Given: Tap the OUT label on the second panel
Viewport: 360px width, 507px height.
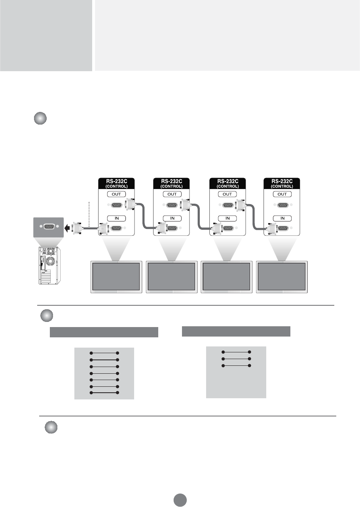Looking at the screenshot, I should point(171,194).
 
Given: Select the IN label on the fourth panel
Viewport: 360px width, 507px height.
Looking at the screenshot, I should point(282,218).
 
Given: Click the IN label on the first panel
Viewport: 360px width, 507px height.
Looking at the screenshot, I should point(116,218).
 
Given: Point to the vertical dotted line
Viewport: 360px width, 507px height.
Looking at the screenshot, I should point(90,214).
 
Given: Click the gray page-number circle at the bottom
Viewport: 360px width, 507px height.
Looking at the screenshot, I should point(180,500).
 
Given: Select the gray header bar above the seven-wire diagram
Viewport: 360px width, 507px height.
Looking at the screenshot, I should point(104,332).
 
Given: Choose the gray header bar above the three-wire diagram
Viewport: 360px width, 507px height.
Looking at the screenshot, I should point(236,331).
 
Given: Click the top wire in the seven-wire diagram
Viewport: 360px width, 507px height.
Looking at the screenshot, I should point(104,353).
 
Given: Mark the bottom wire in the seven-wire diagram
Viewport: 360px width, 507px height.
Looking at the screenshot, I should point(104,393).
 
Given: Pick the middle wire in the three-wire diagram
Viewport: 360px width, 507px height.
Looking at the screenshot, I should point(236,359).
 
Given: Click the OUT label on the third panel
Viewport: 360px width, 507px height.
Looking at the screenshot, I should point(227,194).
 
